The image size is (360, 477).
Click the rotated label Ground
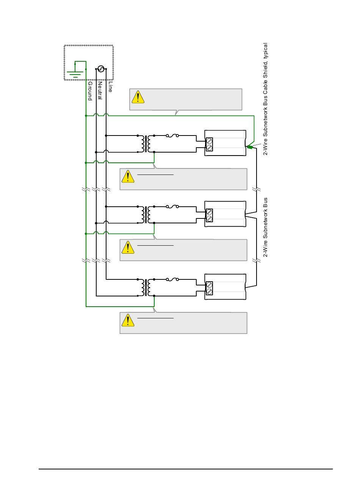[x=90, y=91]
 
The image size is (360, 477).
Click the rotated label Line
[x=110, y=87]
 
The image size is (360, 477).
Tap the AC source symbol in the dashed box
[x=101, y=69]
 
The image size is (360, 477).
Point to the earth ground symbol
[x=75, y=72]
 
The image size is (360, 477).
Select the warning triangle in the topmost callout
[x=138, y=97]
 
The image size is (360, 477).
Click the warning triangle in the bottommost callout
[x=128, y=321]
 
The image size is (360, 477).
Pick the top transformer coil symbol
[x=146, y=144]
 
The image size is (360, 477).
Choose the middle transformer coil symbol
[x=146, y=215]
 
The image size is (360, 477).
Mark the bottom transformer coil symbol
[x=146, y=288]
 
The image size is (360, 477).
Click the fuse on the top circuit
[x=172, y=136]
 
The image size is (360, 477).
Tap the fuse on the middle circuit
[x=172, y=207]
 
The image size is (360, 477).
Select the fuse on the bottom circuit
[x=172, y=279]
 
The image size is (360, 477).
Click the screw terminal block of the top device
[x=209, y=144]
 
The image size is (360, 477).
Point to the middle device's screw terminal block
[x=209, y=215]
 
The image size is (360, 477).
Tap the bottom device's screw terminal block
[x=209, y=288]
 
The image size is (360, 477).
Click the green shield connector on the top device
[x=250, y=147]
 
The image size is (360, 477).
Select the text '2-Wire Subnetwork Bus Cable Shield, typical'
[x=266, y=99]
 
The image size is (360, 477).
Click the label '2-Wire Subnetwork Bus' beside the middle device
[x=266, y=227]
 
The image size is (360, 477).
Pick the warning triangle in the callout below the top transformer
[x=128, y=177]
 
